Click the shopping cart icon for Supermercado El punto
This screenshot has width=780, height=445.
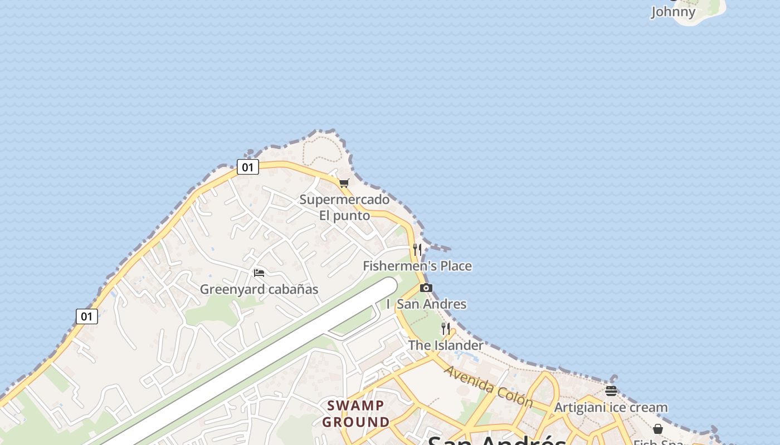(x=344, y=183)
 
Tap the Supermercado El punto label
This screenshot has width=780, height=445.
(x=344, y=207)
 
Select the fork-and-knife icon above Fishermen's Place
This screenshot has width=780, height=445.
(x=417, y=249)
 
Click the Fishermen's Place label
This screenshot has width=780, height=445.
(x=417, y=266)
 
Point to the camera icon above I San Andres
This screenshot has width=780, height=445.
(x=426, y=288)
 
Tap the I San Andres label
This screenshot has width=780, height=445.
(x=426, y=304)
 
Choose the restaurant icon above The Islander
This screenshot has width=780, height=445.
(x=446, y=329)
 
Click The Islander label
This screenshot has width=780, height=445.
(x=446, y=345)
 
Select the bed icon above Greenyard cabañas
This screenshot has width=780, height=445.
(x=259, y=273)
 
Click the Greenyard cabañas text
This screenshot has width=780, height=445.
(x=259, y=289)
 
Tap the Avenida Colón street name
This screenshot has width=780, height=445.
(x=488, y=386)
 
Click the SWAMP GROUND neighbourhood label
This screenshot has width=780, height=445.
(x=356, y=413)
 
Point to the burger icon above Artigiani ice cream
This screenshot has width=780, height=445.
(x=611, y=391)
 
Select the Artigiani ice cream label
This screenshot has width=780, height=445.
(x=611, y=407)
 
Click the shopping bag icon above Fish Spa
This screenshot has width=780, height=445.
(x=658, y=429)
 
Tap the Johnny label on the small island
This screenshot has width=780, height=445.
(x=674, y=12)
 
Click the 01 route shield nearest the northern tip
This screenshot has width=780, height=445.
(x=248, y=167)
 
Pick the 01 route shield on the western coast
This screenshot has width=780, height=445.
(x=87, y=317)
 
